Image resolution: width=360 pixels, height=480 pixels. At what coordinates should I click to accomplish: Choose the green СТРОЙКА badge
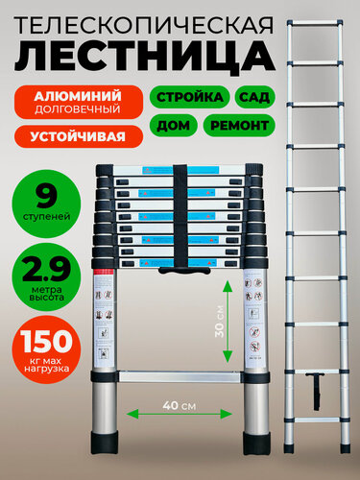click(x=187, y=97)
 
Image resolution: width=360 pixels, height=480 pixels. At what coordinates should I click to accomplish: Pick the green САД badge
click(x=254, y=97)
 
